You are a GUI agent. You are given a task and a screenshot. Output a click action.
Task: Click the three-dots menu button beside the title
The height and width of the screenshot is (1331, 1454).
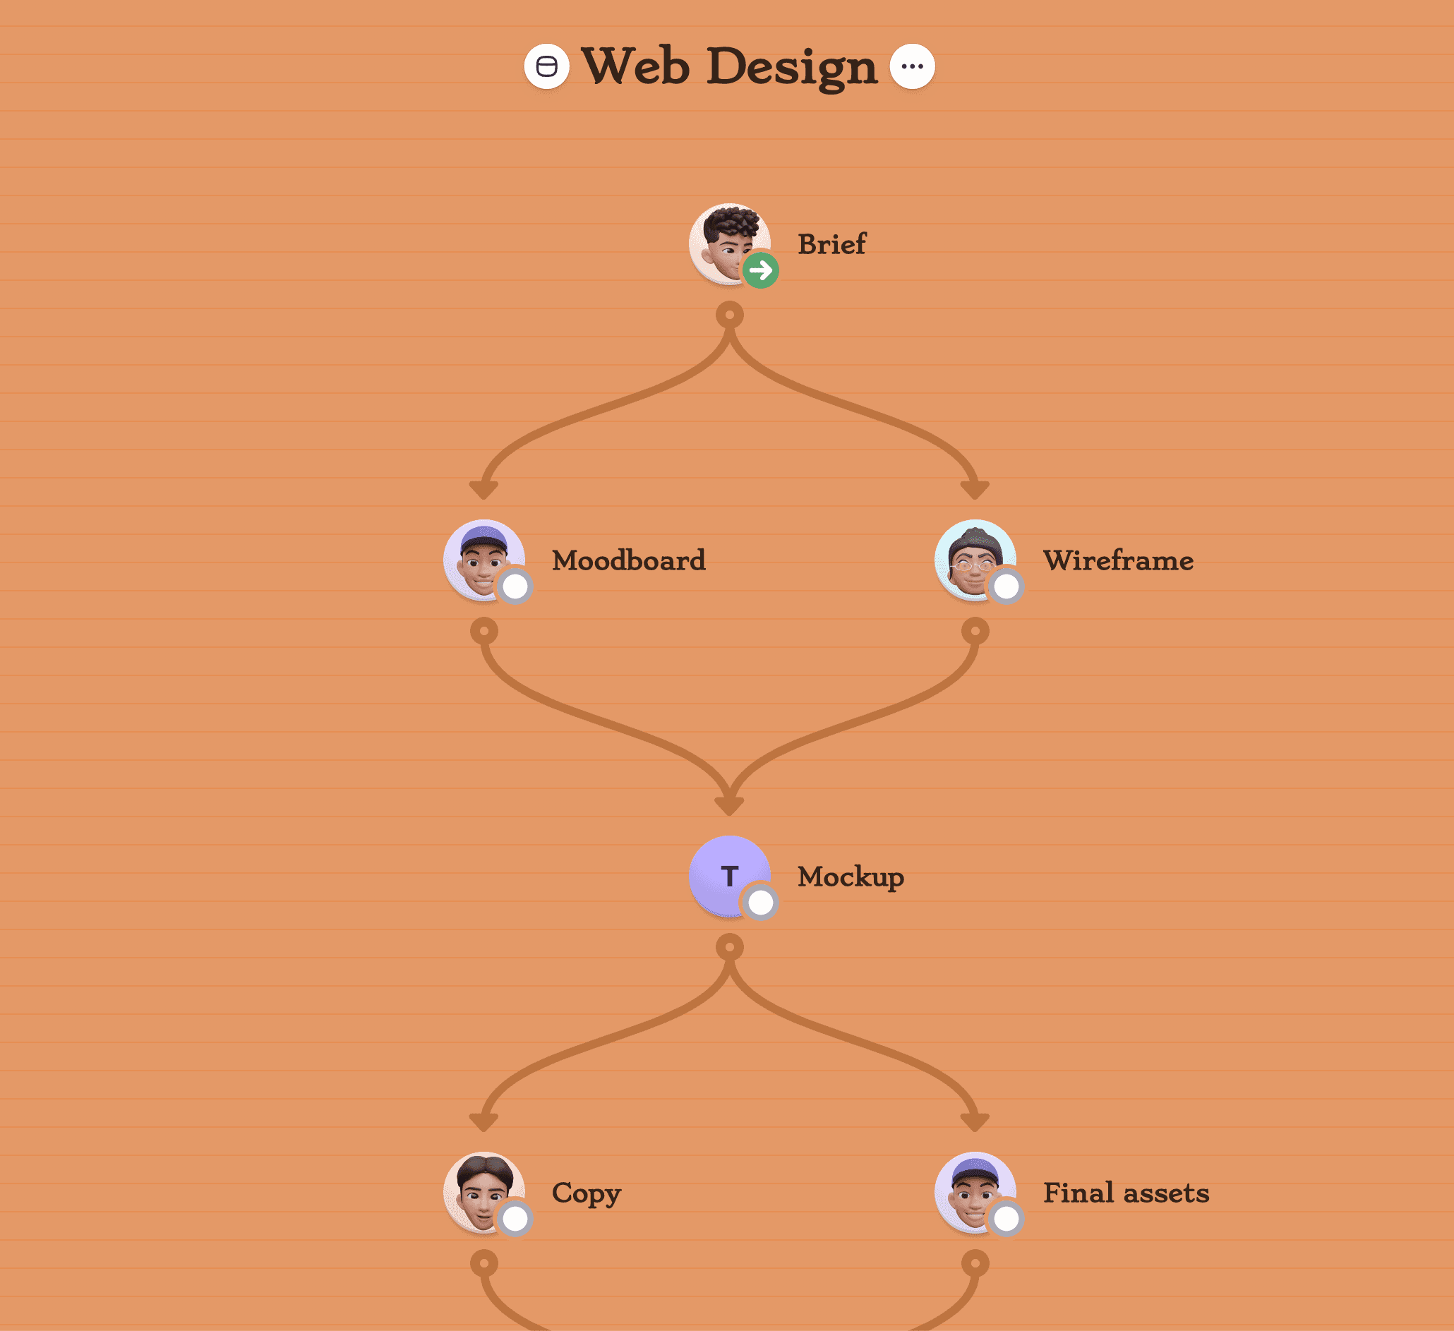912,66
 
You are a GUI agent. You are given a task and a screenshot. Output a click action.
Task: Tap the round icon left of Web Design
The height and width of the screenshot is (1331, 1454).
546,66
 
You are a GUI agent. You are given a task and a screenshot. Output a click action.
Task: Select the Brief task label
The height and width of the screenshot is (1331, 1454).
831,244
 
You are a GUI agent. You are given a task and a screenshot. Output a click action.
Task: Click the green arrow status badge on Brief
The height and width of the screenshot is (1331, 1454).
760,270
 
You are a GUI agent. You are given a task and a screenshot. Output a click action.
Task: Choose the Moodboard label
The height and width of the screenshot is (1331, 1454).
628,560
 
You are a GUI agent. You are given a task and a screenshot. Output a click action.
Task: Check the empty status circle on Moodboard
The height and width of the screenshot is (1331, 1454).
515,586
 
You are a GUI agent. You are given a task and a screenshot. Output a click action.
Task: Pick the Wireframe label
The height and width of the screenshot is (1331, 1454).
1118,560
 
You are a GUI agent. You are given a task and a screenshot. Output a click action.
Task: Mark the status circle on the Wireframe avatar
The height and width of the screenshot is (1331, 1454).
1006,586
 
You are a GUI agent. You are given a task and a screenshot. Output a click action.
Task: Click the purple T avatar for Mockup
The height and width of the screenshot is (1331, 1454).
724,872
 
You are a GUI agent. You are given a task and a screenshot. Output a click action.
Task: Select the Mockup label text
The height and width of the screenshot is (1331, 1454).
851,877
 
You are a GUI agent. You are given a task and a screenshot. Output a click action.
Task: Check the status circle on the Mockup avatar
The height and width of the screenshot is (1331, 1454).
760,902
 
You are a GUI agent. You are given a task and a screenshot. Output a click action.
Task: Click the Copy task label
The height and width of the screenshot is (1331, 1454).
586,1193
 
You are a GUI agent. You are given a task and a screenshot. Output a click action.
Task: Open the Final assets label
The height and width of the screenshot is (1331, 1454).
1126,1193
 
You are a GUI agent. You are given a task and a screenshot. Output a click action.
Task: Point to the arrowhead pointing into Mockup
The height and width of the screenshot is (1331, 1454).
729,805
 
